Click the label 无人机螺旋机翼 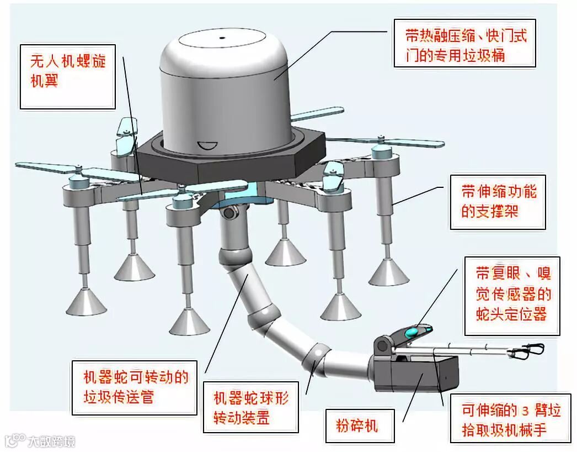pos(67,70)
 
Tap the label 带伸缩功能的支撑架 pos(498,201)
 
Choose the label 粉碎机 pos(356,426)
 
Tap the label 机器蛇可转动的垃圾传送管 pos(135,387)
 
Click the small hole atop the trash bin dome pos(223,38)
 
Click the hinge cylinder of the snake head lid pos(381,346)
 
